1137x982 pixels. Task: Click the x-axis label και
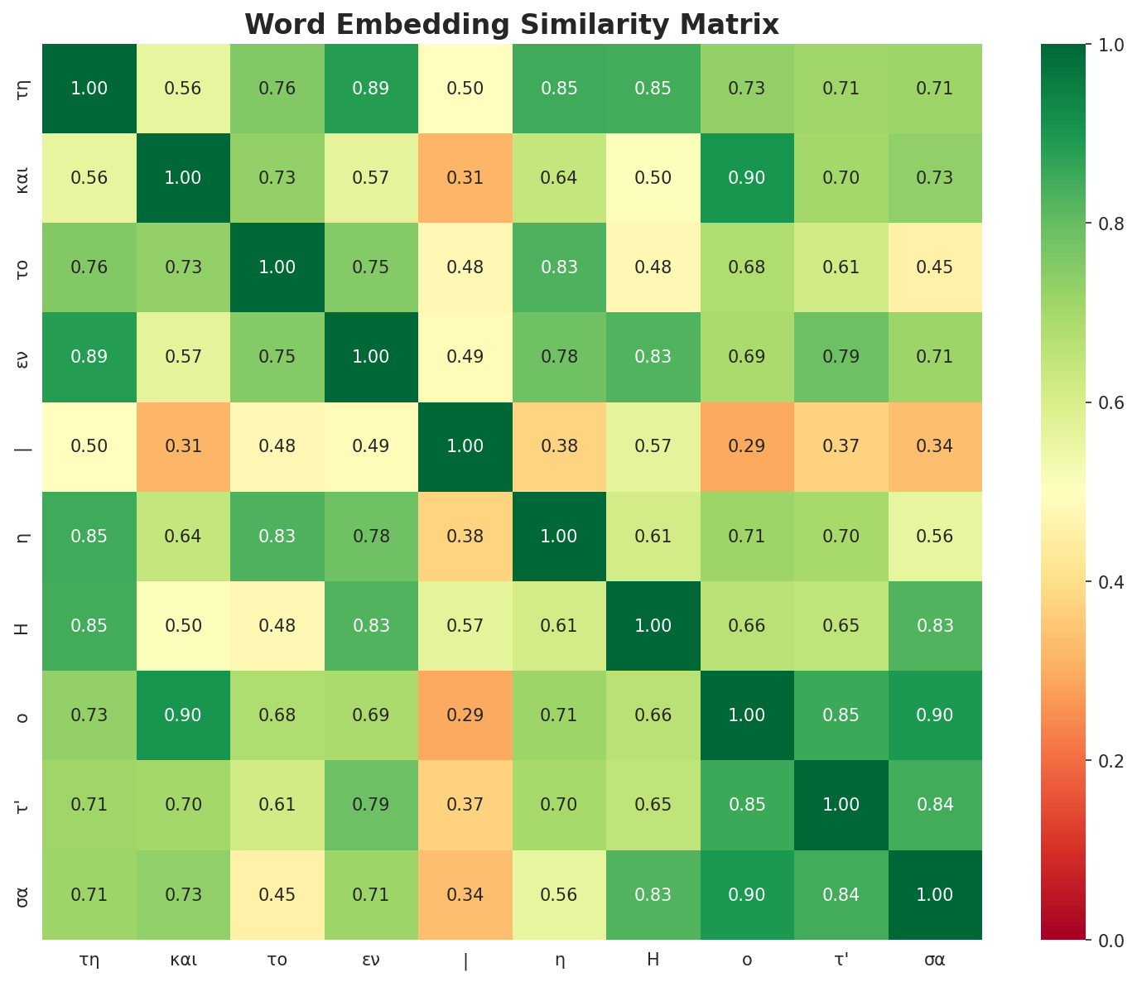click(183, 960)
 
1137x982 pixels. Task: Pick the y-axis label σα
click(23, 895)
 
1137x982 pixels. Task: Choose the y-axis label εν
click(23, 357)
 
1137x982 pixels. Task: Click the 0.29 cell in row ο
click(465, 715)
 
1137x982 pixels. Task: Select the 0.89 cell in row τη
click(371, 89)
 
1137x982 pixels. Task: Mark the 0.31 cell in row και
click(465, 178)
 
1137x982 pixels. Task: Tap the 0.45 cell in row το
click(935, 267)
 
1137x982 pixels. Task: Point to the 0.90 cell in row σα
click(747, 895)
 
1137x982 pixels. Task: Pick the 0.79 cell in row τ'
click(371, 805)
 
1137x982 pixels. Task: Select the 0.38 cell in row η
click(465, 537)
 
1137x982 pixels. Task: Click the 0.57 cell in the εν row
click(183, 357)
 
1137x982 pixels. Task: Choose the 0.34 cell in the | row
click(935, 447)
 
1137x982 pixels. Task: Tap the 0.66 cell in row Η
click(747, 626)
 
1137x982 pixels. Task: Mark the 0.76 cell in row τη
click(277, 89)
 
